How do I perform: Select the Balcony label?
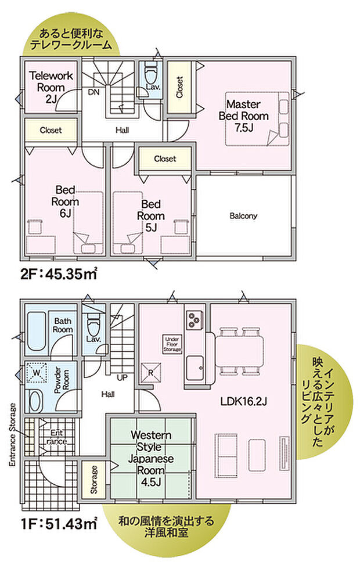243,216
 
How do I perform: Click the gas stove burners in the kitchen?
194,319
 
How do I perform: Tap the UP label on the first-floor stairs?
123,377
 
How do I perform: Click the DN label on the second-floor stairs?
93,92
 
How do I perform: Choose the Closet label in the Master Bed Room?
179,88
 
